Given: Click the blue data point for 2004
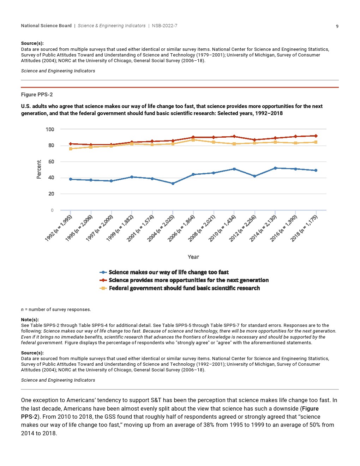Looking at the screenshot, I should (173, 184).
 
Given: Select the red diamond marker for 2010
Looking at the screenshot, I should (234, 137).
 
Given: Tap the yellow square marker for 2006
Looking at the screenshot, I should (193, 140).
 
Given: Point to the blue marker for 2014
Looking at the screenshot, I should (275, 168).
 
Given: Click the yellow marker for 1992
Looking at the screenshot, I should (71, 149).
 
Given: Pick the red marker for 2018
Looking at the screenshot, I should (316, 136).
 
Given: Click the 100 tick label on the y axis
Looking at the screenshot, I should (50, 130).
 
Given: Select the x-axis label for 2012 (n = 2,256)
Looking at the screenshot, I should (242, 228).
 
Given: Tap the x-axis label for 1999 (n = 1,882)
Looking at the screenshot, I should (120, 228).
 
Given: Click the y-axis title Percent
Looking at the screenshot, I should (39, 169).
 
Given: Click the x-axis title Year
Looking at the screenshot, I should (193, 257).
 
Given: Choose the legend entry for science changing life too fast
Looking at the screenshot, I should (168, 272).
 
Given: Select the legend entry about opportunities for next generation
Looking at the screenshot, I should (188, 280).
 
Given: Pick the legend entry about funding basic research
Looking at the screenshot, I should (184, 288).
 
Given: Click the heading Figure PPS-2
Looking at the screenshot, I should (37, 95).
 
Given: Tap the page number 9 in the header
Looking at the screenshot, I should (337, 26).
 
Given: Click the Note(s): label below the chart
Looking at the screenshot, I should (30, 319).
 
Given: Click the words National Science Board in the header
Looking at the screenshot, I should (46, 26).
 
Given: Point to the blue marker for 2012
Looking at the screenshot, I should (254, 176).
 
